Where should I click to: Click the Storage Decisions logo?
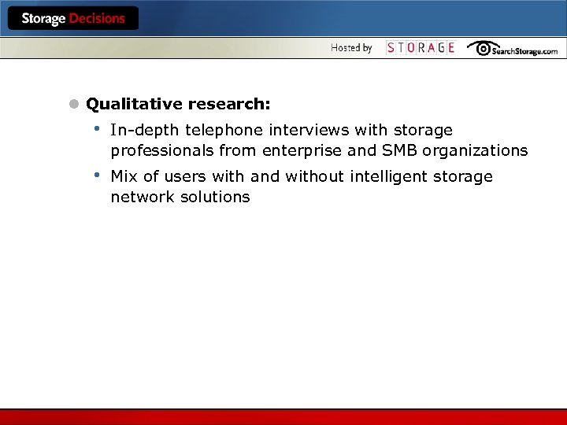click(x=73, y=19)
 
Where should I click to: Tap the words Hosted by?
click(x=351, y=48)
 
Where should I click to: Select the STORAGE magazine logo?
click(x=421, y=48)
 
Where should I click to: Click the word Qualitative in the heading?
click(x=135, y=105)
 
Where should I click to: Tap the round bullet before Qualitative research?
click(x=74, y=104)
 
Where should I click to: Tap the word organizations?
click(x=475, y=150)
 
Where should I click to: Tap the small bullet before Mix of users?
click(x=96, y=175)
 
